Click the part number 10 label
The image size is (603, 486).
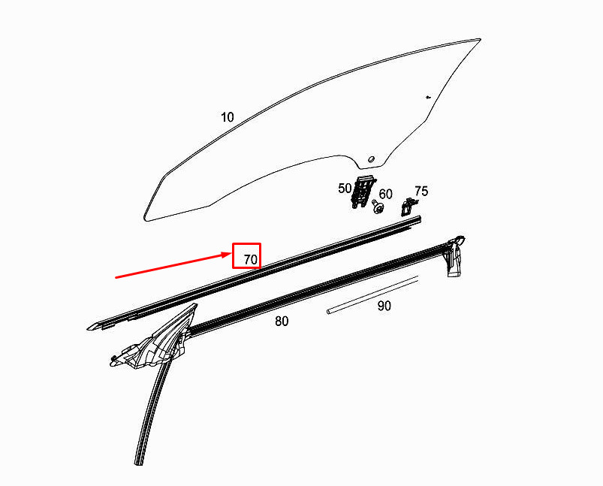tap(228, 117)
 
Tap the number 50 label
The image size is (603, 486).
tap(345, 188)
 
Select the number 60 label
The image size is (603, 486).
tap(385, 195)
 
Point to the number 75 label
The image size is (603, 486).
tap(421, 192)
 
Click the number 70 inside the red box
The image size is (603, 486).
tap(251, 259)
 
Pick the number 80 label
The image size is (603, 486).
tap(282, 321)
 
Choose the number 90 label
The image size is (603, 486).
tap(384, 306)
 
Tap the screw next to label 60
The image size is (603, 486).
tap(376, 206)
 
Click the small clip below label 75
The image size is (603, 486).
tap(409, 207)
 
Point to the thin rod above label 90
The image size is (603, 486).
tap(372, 294)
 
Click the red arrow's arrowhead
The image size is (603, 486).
tap(229, 255)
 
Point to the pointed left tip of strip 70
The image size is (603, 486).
tap(91, 328)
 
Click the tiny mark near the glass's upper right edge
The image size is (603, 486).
tap(428, 97)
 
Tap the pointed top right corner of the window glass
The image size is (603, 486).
tap(478, 41)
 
